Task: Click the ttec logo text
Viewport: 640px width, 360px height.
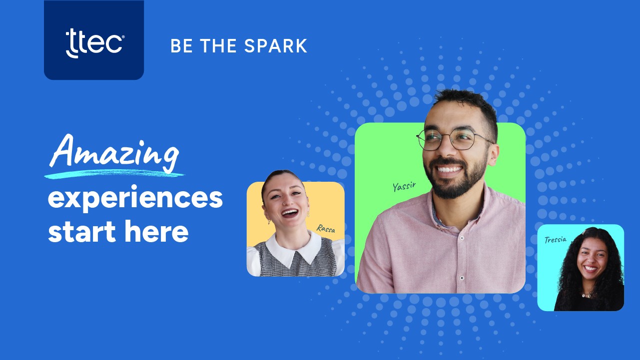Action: [95, 43]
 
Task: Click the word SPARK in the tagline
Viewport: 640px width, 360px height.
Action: [276, 45]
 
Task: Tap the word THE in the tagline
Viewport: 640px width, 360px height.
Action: [218, 45]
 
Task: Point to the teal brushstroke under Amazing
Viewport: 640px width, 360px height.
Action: [114, 174]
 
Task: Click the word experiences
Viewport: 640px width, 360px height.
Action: [135, 198]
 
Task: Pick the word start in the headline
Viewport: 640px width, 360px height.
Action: [82, 232]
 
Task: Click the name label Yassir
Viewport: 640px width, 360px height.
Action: [404, 186]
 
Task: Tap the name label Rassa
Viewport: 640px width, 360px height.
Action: [326, 228]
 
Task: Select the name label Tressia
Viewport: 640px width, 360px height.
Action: [555, 240]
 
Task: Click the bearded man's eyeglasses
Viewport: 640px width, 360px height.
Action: [454, 139]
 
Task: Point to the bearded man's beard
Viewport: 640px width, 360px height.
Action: [456, 180]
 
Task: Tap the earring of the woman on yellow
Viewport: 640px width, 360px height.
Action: [269, 222]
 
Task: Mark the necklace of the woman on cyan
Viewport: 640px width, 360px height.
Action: [586, 295]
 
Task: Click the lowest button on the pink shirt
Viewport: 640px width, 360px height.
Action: [462, 278]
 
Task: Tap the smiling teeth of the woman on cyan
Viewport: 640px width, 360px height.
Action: [591, 268]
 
